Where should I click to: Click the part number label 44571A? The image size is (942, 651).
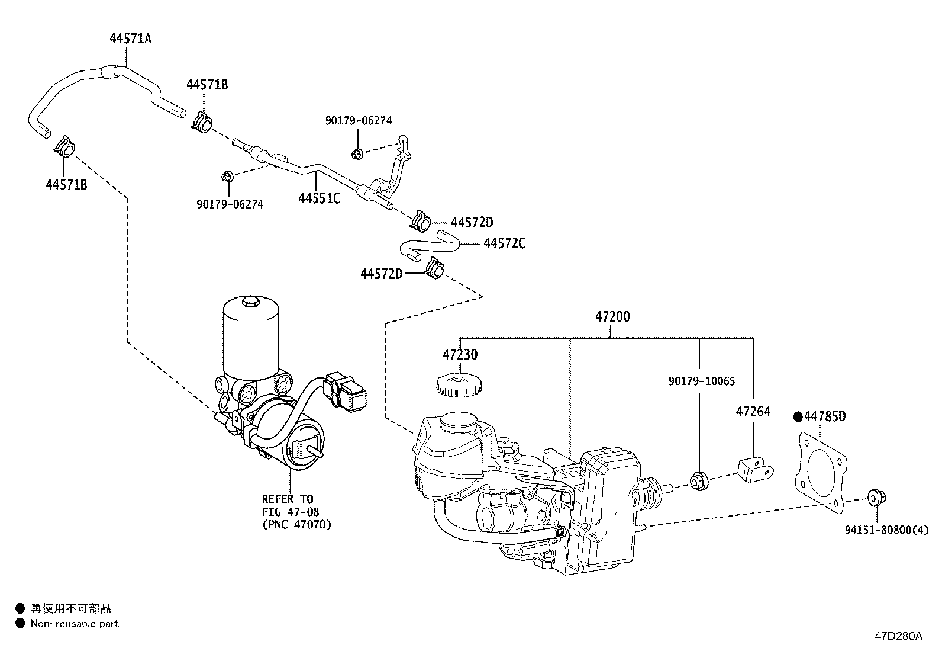tap(130, 39)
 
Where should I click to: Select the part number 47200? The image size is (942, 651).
tap(612, 317)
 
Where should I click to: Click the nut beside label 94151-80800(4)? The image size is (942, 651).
tap(875, 498)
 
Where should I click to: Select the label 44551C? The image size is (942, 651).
tap(319, 199)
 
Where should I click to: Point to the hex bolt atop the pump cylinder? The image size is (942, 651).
tap(250, 303)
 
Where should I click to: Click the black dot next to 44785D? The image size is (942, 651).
tap(798, 416)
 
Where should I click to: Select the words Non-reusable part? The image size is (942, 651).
tap(75, 623)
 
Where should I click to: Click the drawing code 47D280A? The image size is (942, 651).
tap(898, 636)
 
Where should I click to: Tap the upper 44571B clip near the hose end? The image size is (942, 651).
tap(202, 121)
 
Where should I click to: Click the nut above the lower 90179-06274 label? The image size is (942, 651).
tap(227, 177)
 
